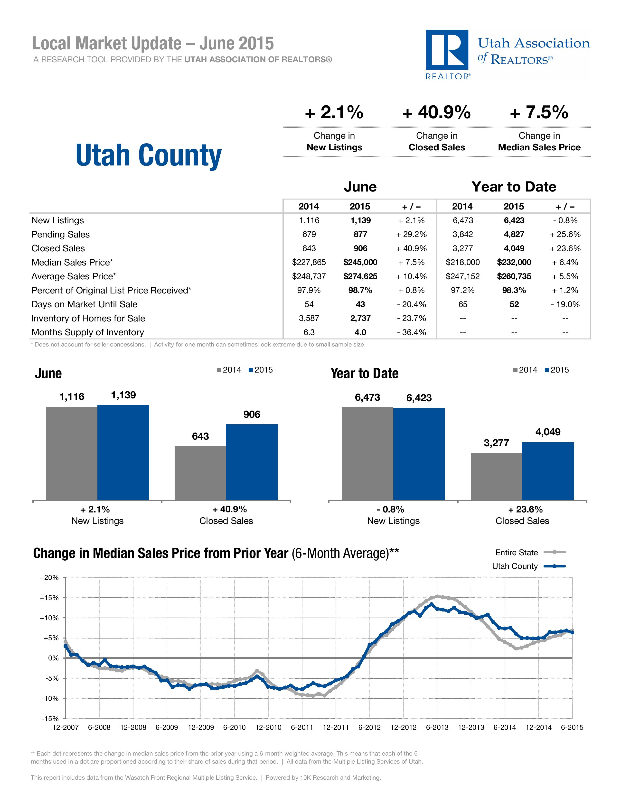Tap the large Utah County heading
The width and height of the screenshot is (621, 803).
(x=148, y=155)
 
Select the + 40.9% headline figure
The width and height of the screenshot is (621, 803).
(x=436, y=112)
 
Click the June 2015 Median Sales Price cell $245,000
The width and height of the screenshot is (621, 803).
(x=360, y=263)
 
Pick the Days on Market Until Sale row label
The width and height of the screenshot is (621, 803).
(x=84, y=304)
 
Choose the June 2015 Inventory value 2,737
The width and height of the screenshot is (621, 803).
(x=360, y=319)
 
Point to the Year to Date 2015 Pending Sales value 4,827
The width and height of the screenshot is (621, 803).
(x=514, y=235)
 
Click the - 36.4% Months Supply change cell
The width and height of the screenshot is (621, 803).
(x=411, y=332)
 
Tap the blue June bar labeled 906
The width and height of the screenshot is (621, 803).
(x=252, y=462)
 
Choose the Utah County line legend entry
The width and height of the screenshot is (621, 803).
(x=528, y=566)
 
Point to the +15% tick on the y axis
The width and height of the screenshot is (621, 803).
(x=49, y=598)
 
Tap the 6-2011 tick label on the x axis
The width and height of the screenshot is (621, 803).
(x=302, y=727)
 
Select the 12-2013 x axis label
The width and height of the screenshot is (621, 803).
(x=471, y=727)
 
